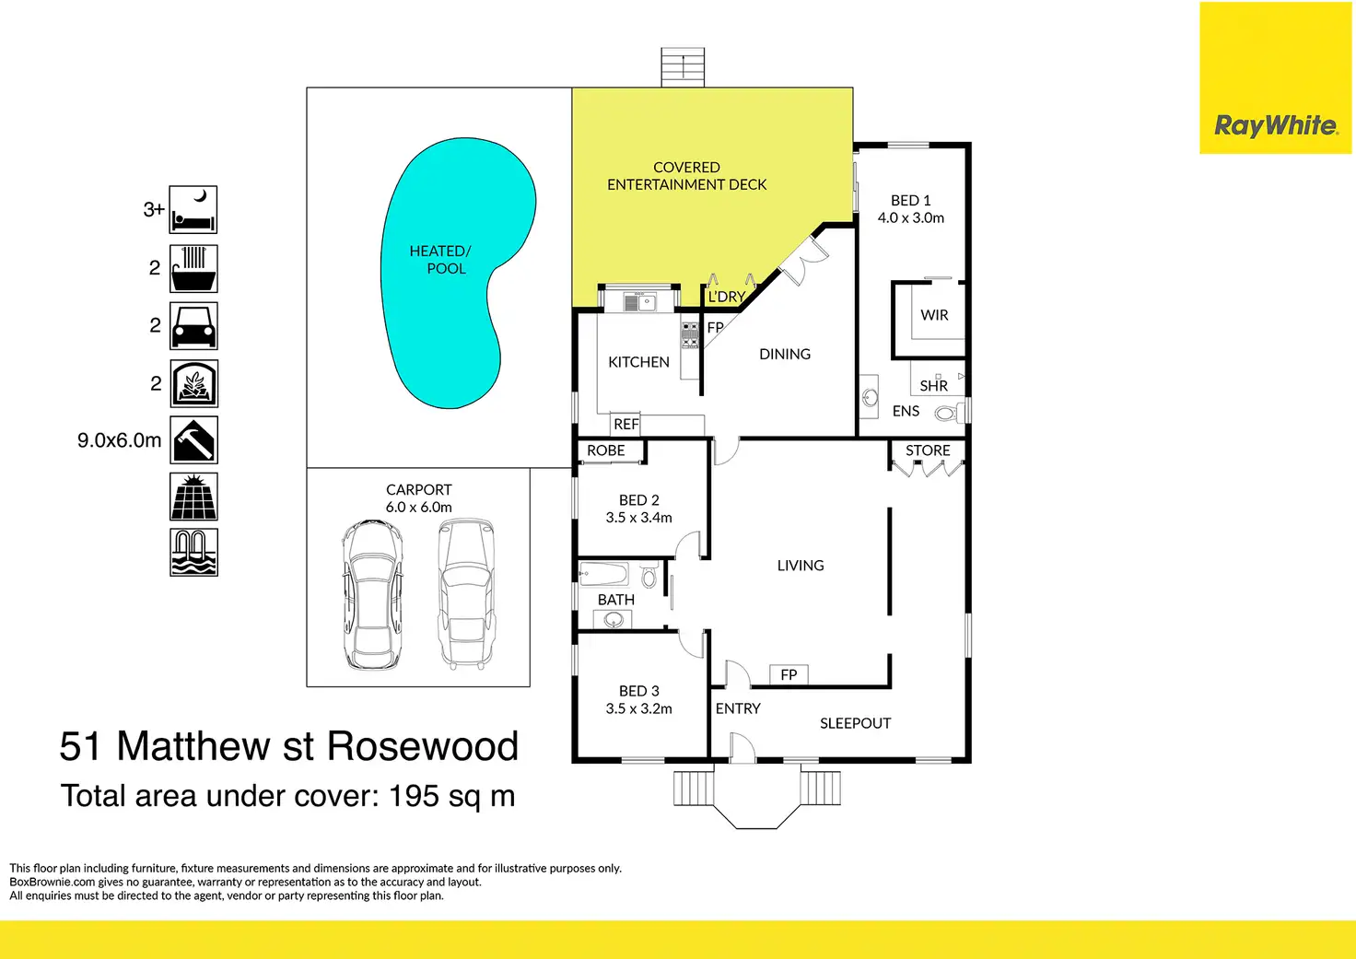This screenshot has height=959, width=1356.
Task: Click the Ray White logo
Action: (1275, 125)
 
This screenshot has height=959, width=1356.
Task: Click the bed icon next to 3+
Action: (193, 210)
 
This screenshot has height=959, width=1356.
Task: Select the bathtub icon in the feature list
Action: (193, 268)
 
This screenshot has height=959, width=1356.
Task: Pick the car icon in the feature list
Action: (193, 326)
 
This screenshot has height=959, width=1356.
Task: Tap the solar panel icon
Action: (193, 497)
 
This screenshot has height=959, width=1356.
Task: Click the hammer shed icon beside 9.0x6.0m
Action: (193, 440)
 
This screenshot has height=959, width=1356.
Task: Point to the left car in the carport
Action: (372, 594)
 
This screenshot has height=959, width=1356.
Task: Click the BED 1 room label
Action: (910, 201)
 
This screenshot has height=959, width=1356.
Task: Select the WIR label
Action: (934, 315)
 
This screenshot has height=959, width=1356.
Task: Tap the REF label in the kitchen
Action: (626, 425)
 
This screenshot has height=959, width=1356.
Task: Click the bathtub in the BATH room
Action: (603, 576)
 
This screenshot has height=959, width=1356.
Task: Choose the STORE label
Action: (928, 450)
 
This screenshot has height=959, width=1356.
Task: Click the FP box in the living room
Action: (789, 675)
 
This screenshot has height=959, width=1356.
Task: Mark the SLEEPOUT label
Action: (855, 723)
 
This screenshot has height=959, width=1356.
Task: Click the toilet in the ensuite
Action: (947, 414)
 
